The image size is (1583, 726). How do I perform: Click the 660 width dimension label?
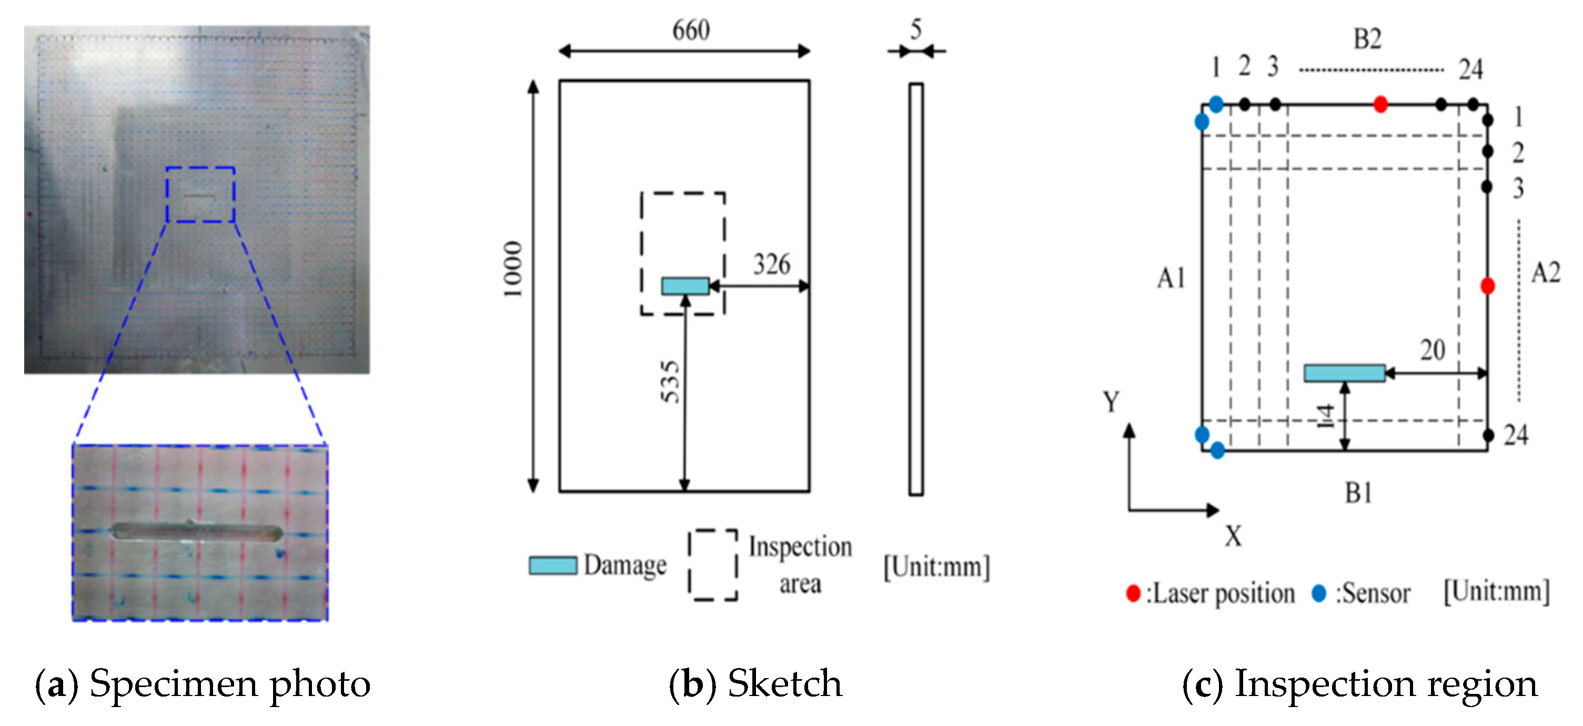point(691,30)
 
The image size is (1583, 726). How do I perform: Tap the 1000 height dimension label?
point(513,269)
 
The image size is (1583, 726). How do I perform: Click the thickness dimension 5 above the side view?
point(915,29)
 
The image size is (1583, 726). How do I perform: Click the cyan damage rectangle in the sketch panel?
point(685,286)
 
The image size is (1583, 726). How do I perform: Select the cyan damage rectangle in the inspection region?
point(1344,372)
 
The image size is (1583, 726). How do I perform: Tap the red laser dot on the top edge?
point(1380,105)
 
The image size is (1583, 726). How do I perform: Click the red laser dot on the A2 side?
point(1487,286)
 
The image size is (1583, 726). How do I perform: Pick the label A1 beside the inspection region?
point(1171,278)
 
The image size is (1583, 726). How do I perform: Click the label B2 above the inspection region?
point(1367,39)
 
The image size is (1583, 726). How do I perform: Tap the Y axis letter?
point(1111,402)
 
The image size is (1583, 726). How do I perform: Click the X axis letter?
point(1233,536)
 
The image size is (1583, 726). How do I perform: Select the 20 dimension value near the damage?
point(1432,350)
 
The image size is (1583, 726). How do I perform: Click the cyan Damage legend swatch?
point(553,565)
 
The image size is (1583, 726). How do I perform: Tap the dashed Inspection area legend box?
point(713,564)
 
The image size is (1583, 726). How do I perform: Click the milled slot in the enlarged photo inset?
point(197,532)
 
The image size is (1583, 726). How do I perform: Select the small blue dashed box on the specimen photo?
point(200,194)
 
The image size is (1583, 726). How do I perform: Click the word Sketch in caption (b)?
point(785,683)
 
